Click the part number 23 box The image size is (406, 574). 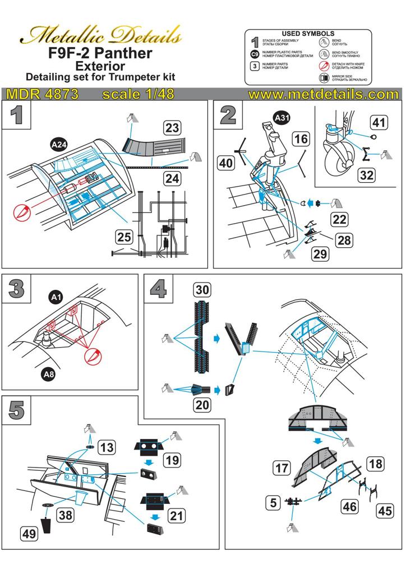(172, 127)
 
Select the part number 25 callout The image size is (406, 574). (124, 237)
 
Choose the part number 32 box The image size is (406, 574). (367, 175)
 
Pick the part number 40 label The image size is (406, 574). (227, 163)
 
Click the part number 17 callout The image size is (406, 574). (282, 467)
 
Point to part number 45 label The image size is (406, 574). (385, 511)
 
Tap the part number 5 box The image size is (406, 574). (273, 503)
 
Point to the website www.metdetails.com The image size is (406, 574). (322, 94)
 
